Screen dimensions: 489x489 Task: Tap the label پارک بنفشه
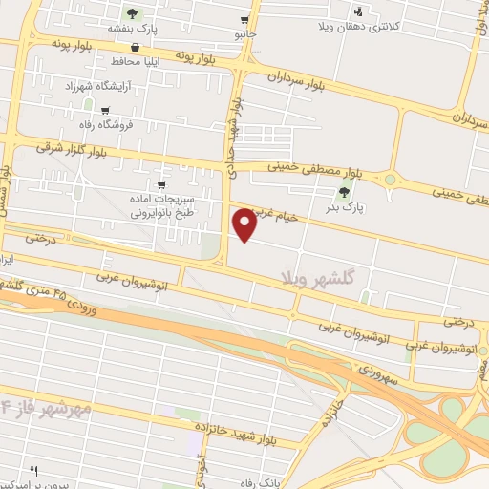[132, 29]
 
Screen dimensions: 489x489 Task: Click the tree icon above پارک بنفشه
[132, 13]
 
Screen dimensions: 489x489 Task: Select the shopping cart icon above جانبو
[245, 19]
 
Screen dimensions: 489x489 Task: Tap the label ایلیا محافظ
[133, 61]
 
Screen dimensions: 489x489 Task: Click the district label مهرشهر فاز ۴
[47, 408]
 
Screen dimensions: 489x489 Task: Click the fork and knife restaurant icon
[34, 471]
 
